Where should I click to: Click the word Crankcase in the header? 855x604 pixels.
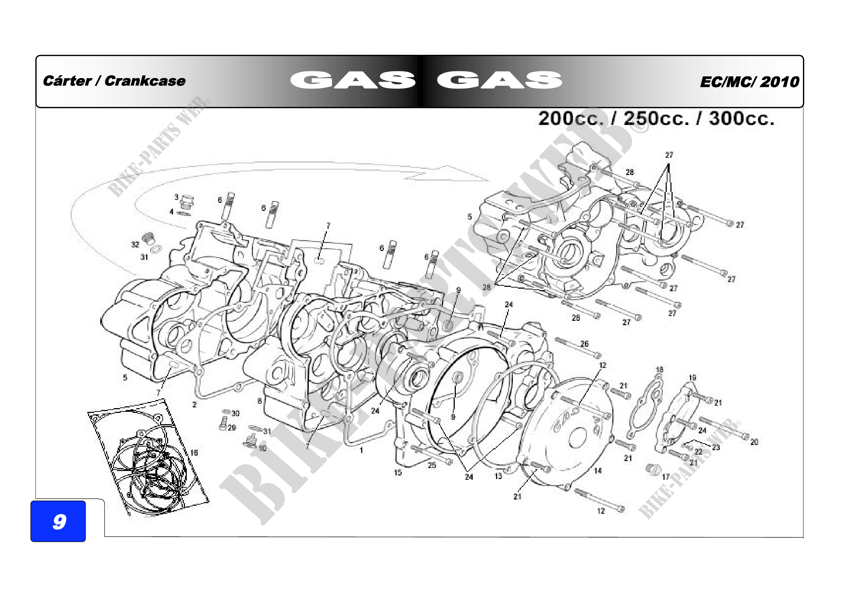click(145, 81)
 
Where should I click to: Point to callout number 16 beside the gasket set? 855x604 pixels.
click(194, 452)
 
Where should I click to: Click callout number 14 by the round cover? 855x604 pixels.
click(598, 471)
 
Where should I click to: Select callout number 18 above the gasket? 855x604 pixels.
click(659, 369)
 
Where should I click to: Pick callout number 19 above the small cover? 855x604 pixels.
click(692, 377)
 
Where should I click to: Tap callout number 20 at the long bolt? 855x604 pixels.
click(754, 442)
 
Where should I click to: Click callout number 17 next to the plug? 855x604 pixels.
click(666, 476)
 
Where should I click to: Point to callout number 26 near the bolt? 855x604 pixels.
click(584, 343)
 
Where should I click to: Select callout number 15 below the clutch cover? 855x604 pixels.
click(398, 472)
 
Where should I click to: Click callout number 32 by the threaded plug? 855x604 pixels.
click(135, 244)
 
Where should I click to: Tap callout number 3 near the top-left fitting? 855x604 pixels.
click(177, 197)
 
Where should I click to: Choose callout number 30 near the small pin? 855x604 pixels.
click(235, 413)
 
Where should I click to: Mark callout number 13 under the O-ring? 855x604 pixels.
click(498, 476)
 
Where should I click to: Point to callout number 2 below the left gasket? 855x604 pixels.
click(194, 404)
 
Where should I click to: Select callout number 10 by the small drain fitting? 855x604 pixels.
click(262, 448)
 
